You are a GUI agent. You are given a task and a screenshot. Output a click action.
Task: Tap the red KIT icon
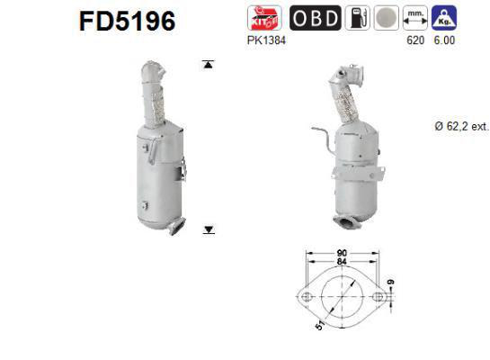(270, 17)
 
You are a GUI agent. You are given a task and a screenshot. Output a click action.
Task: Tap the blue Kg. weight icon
(442, 17)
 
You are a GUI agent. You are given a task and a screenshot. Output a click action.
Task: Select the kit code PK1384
(271, 41)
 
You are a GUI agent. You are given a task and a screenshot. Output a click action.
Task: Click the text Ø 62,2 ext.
(459, 127)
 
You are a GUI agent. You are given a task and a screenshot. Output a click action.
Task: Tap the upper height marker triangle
(209, 65)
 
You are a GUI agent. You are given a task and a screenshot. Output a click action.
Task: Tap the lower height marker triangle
(209, 230)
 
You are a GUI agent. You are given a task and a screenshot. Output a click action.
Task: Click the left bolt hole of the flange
(305, 294)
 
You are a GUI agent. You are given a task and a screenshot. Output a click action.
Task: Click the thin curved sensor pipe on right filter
(319, 136)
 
